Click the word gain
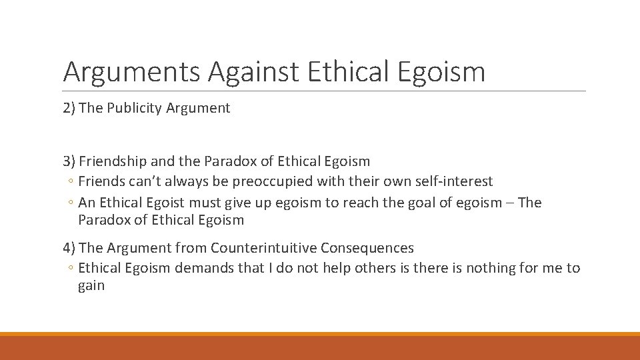tap(91, 286)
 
